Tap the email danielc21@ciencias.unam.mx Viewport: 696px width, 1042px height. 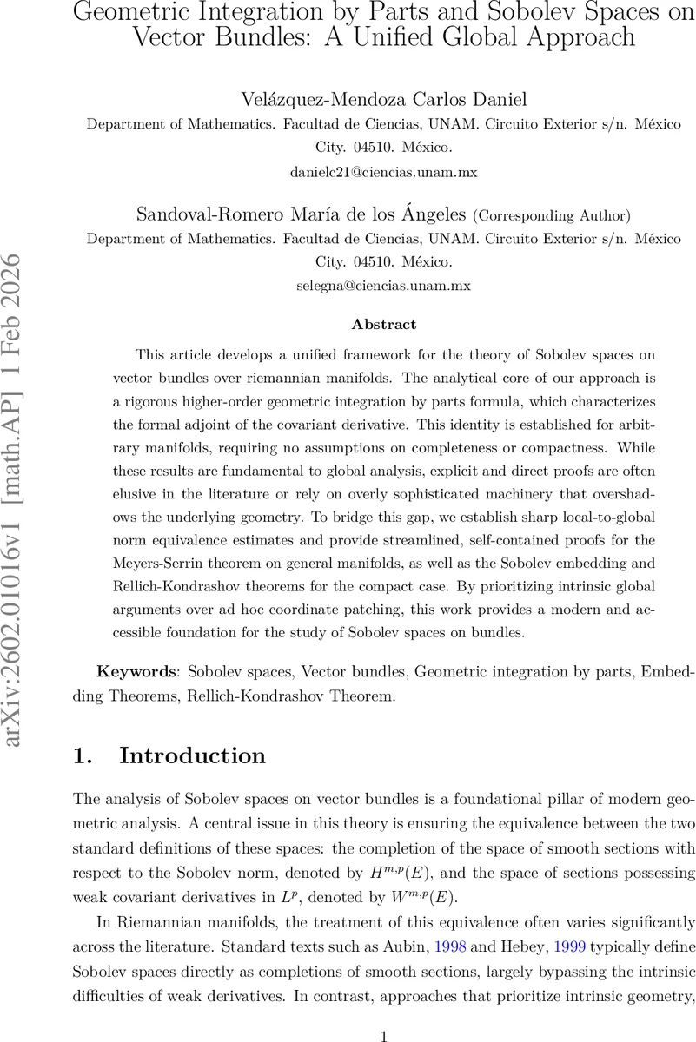pos(383,172)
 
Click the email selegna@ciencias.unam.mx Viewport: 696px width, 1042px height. pos(383,285)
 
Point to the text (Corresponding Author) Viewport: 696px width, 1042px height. pos(551,214)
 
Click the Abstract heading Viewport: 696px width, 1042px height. pos(383,324)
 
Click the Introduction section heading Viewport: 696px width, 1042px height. pos(192,755)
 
